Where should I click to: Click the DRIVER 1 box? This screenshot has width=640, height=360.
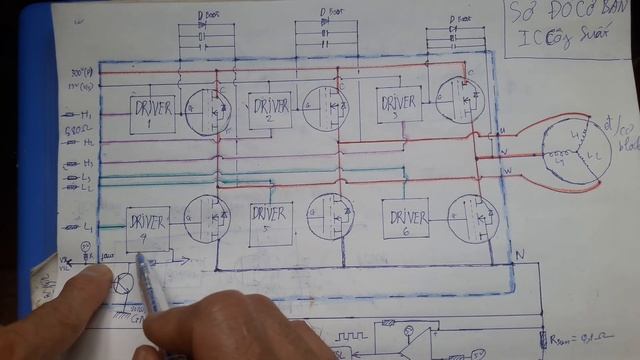[x=153, y=114]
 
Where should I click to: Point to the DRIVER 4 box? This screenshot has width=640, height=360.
[x=148, y=228]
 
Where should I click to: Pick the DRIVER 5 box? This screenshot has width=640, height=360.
[x=271, y=223]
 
